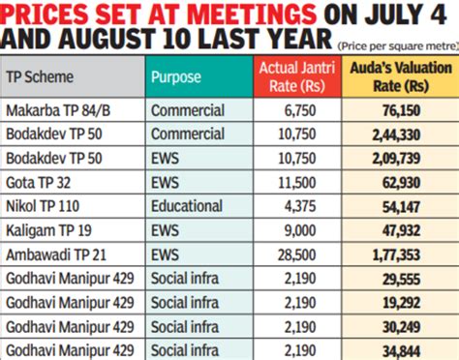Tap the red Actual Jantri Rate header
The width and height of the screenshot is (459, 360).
click(292, 75)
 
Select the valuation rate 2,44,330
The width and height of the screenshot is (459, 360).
click(410, 135)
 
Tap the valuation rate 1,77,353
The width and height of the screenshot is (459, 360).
click(410, 254)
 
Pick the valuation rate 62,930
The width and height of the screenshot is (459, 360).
click(414, 181)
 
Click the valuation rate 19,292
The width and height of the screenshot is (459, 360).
click(414, 301)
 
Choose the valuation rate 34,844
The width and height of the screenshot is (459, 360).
click(414, 347)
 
